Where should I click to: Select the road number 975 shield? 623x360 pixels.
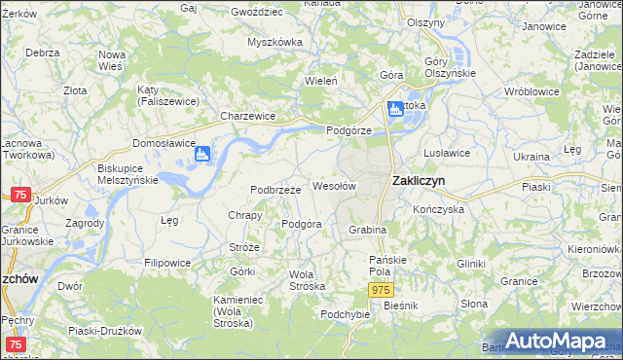(382, 291)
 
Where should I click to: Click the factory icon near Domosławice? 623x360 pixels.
(203, 153)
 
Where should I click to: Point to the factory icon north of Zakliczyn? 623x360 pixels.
(396, 109)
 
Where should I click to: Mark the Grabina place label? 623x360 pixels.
(368, 230)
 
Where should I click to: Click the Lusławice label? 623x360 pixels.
(448, 153)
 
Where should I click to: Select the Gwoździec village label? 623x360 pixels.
(257, 12)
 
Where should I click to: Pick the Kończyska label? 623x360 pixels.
(437, 208)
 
